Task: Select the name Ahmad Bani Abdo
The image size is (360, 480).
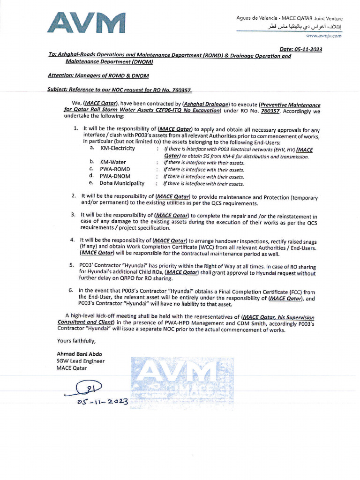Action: pos(79,353)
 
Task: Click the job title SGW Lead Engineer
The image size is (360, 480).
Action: pos(81,361)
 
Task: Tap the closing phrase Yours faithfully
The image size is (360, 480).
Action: pos(76,341)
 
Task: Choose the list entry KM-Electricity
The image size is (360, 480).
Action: pos(118,148)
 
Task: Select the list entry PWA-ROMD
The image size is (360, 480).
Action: pos(115,169)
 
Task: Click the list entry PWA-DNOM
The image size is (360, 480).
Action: pos(115,176)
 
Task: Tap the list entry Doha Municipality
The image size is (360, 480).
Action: pos(121,183)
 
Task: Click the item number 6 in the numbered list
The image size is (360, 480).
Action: pos(71,291)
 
